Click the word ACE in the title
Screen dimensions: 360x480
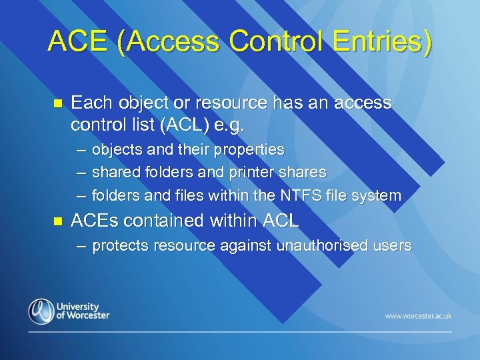pyautogui.click(x=77, y=41)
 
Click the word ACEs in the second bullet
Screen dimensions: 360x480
pyautogui.click(x=95, y=220)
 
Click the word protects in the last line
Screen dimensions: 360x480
pyautogui.click(x=121, y=246)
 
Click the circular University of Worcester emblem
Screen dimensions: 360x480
pyautogui.click(x=41, y=311)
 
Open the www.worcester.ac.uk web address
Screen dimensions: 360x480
pyautogui.click(x=418, y=315)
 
